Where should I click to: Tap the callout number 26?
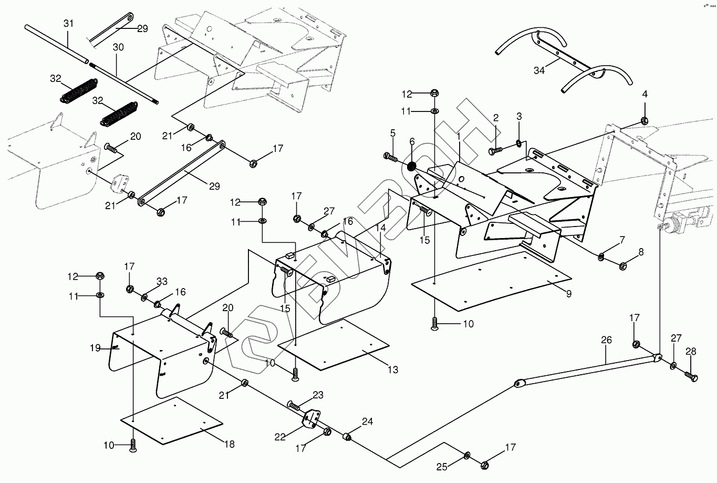(x=606, y=340)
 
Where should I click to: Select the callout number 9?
(x=568, y=294)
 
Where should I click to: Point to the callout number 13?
(x=392, y=370)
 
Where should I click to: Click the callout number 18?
(x=229, y=444)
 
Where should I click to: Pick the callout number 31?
(x=69, y=24)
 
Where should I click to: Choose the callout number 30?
(x=118, y=47)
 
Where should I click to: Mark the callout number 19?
(x=95, y=347)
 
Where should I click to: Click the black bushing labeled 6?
(x=412, y=167)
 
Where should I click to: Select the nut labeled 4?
(x=645, y=122)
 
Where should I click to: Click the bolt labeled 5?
(x=389, y=156)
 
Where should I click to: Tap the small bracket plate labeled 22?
(x=312, y=419)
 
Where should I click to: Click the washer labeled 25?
(x=467, y=455)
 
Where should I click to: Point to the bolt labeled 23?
(x=295, y=405)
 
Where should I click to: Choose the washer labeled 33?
(x=144, y=298)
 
